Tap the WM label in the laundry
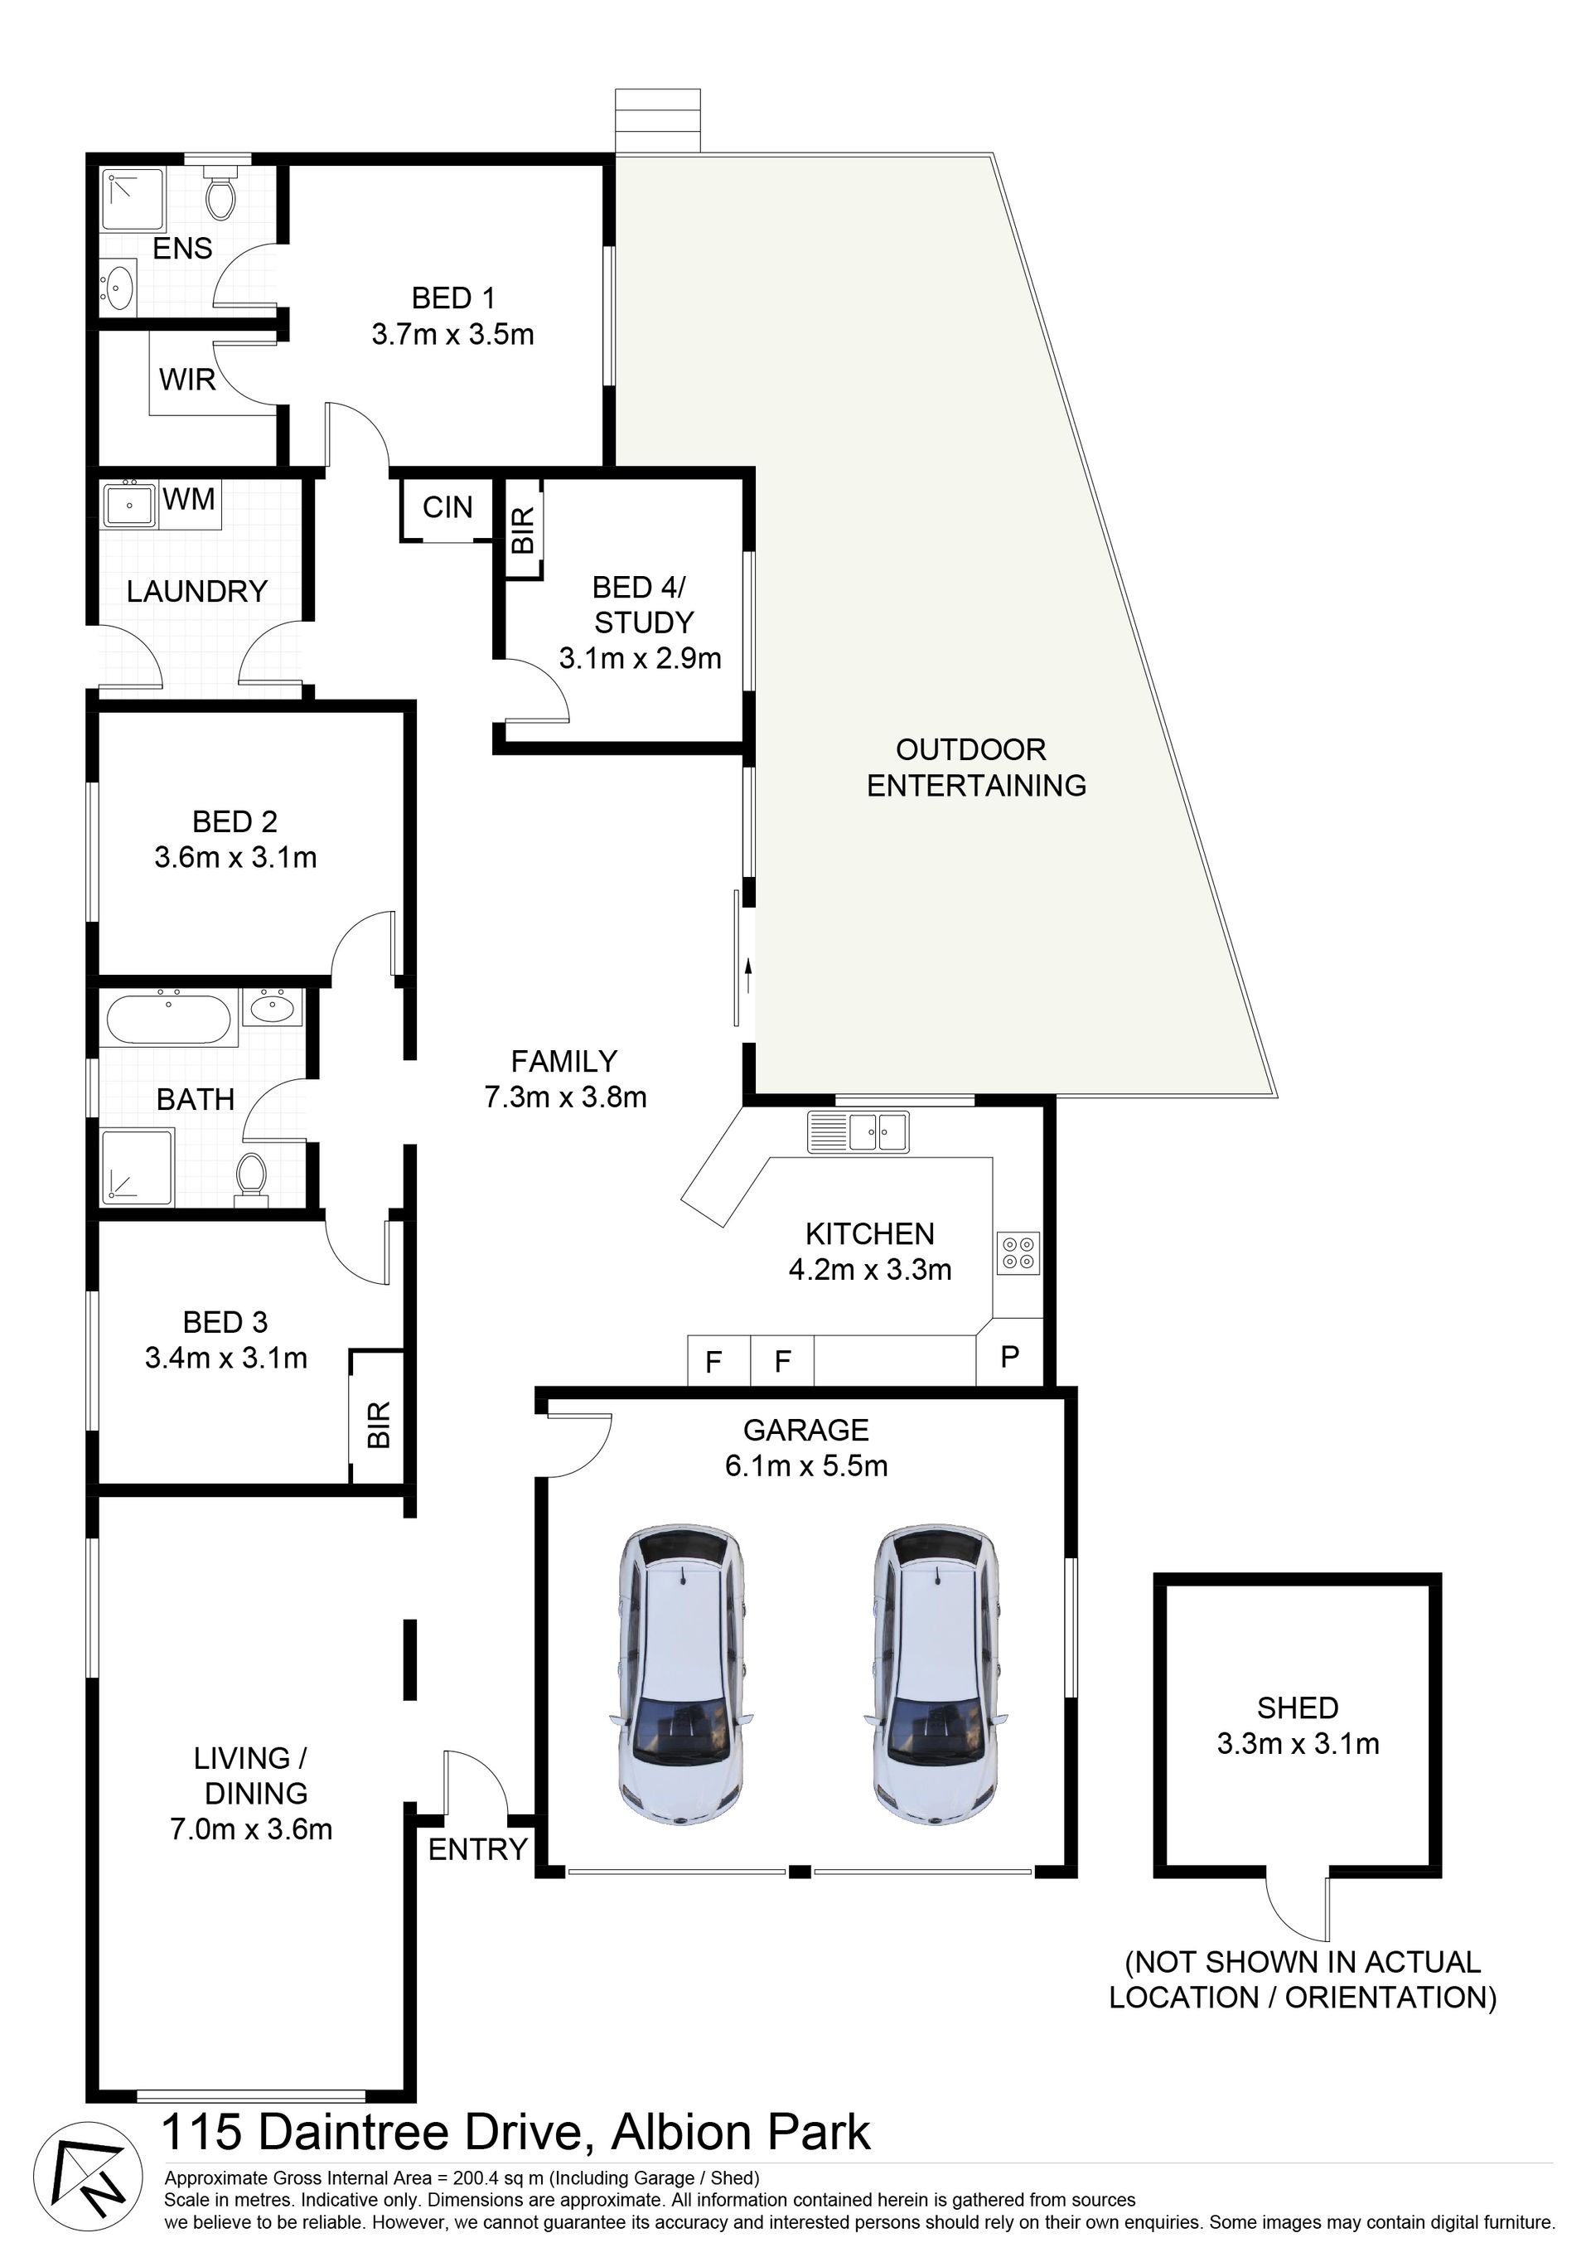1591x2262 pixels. [189, 500]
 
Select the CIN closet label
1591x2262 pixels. [447, 507]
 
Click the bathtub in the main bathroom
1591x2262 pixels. [168, 1019]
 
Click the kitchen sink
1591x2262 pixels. [858, 1131]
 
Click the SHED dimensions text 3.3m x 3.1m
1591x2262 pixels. [1298, 1744]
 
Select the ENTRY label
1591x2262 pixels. [478, 1849]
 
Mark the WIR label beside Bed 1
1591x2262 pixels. [187, 380]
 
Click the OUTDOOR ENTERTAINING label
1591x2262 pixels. [975, 768]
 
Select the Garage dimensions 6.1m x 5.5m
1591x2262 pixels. [805, 1466]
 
